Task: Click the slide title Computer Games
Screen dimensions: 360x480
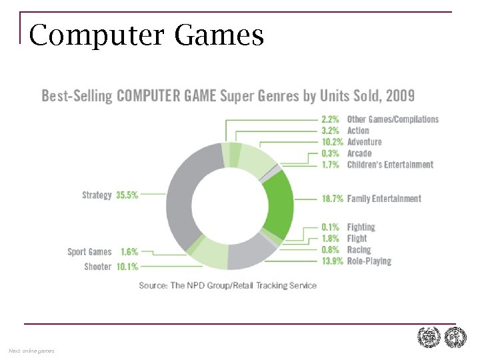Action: (x=147, y=35)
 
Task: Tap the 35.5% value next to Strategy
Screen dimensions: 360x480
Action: (x=127, y=195)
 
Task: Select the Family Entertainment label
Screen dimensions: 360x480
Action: (x=384, y=199)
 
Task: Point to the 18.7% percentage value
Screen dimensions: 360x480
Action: (x=333, y=199)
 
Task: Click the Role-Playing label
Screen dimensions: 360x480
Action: (x=369, y=261)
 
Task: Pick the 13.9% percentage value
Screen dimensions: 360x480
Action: (x=333, y=261)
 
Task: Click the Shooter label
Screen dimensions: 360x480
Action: (x=97, y=267)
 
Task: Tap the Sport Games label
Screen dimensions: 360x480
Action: (x=89, y=252)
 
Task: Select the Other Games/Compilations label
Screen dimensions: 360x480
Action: (x=393, y=119)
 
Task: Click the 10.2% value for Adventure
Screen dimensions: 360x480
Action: (x=333, y=142)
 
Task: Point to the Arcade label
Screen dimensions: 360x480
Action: (x=359, y=153)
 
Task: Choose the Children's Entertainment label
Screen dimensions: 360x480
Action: (x=390, y=165)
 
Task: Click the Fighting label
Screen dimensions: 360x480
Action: (x=361, y=227)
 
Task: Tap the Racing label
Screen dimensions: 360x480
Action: (x=359, y=250)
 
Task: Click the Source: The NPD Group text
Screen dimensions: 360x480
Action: (x=227, y=285)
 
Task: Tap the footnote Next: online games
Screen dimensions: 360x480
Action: (x=31, y=351)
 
